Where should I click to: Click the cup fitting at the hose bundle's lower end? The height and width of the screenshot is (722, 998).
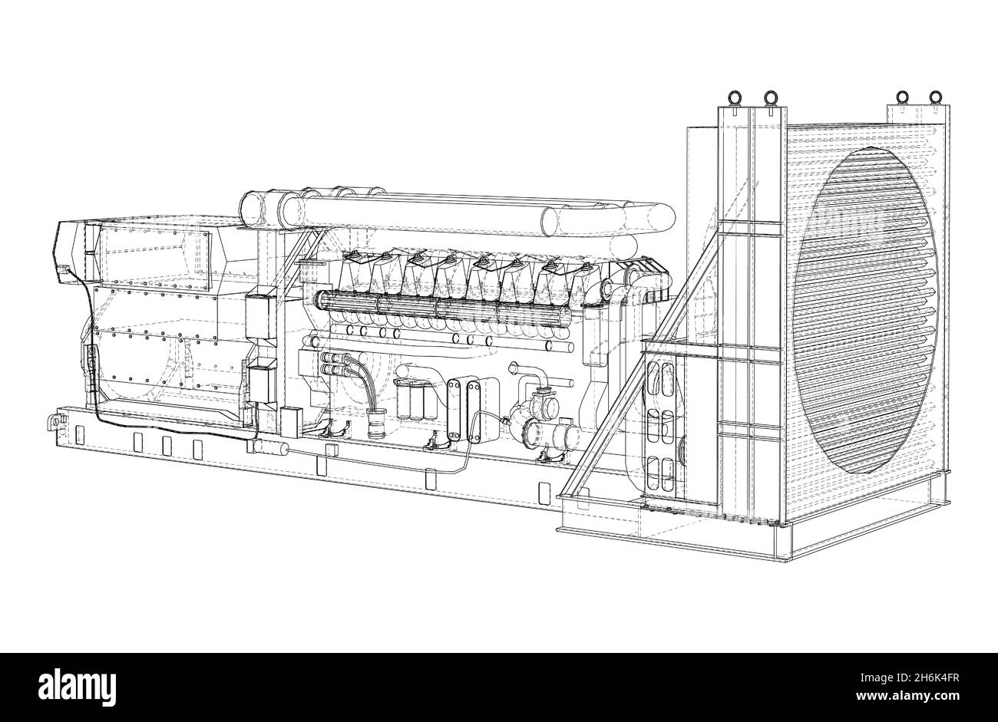tap(376, 424)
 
